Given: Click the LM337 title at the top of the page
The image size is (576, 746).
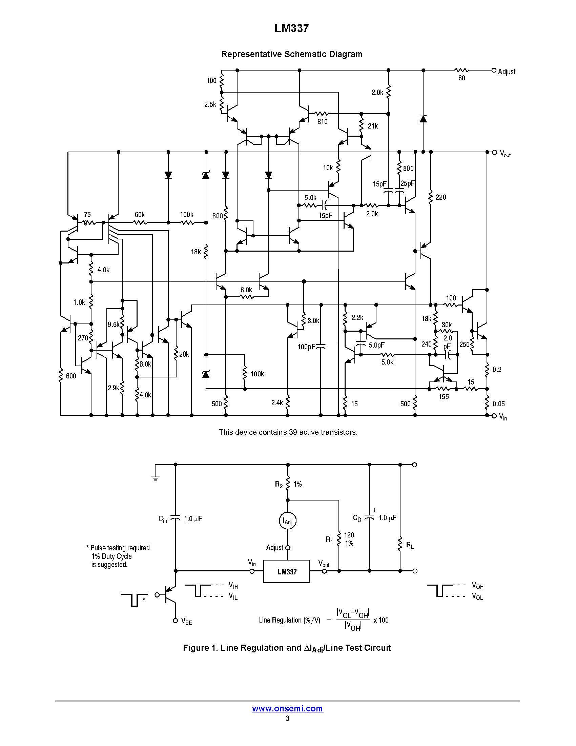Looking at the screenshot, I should coord(291,29).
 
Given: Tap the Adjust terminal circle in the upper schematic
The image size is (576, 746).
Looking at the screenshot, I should coord(493,71).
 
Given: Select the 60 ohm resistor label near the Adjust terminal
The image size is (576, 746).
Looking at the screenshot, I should coord(461,78).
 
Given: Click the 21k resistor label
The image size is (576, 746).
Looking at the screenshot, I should coord(373,126).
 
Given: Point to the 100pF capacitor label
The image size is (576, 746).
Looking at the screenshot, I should coord(305,347).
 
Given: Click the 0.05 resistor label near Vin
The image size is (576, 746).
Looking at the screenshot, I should coord(498,404).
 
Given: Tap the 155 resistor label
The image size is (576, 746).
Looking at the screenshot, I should coord(443,397).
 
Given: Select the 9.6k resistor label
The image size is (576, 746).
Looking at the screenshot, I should coord(113,325).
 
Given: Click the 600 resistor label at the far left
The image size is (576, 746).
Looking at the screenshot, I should coord(71,376).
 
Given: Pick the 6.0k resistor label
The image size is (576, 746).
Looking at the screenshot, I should coord(246,290).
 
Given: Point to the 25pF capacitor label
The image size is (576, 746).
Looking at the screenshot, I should coord(407,184).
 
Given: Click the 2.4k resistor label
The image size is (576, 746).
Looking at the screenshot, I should coord(277,403).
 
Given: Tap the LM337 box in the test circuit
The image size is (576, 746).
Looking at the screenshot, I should coord(287,571).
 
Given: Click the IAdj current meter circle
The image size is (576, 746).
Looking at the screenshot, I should coord(287,521).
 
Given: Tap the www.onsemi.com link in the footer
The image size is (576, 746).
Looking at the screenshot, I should coord(287,708).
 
